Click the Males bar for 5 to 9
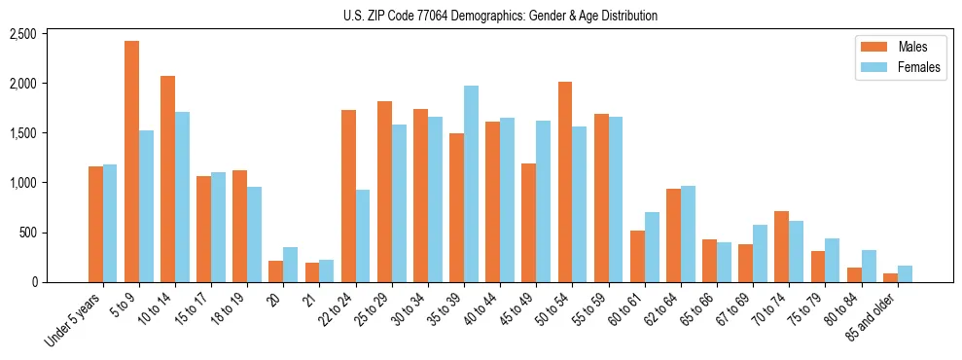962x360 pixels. [131, 162]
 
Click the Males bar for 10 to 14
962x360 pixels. [167, 179]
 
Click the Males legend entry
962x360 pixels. [892, 47]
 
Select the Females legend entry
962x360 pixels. [892, 68]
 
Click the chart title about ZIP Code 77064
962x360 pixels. [500, 16]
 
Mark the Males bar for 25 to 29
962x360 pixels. [384, 192]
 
